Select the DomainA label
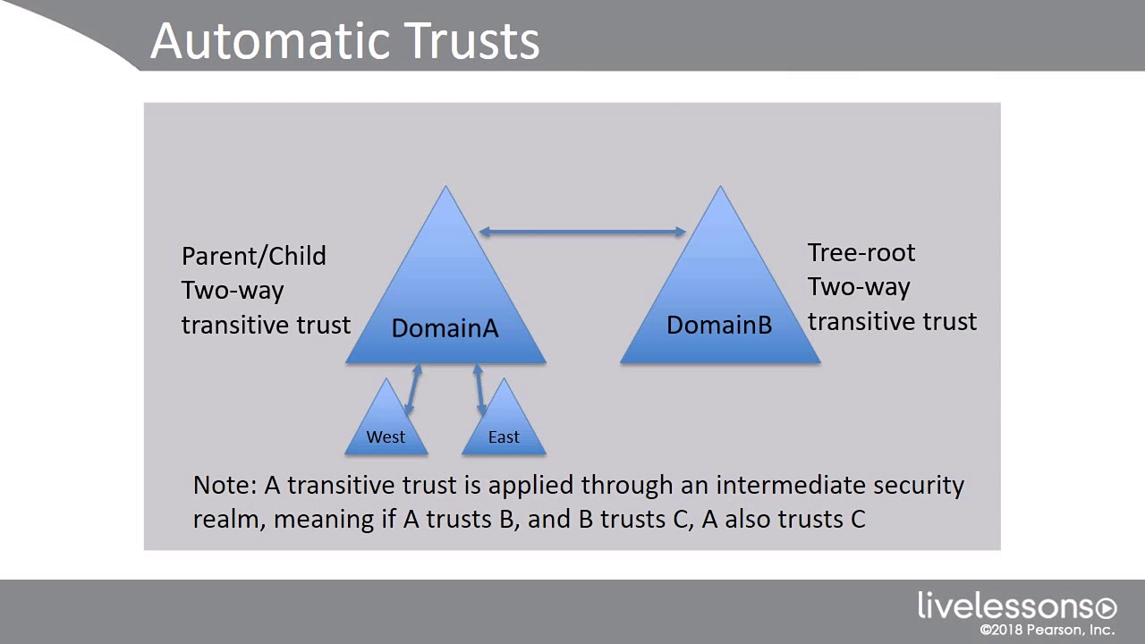click(x=445, y=327)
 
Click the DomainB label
click(x=719, y=325)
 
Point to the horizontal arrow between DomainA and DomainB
click(x=582, y=232)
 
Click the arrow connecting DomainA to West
click(x=413, y=389)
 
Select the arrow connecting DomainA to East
click(x=479, y=389)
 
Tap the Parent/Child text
click(x=253, y=256)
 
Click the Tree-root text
click(x=861, y=252)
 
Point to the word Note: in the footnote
click(x=225, y=485)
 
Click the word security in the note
click(x=919, y=486)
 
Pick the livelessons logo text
click(x=1005, y=606)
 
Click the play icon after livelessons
click(x=1107, y=608)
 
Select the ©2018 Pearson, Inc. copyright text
click(x=1047, y=629)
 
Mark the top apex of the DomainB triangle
click(x=720, y=186)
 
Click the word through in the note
click(x=627, y=486)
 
